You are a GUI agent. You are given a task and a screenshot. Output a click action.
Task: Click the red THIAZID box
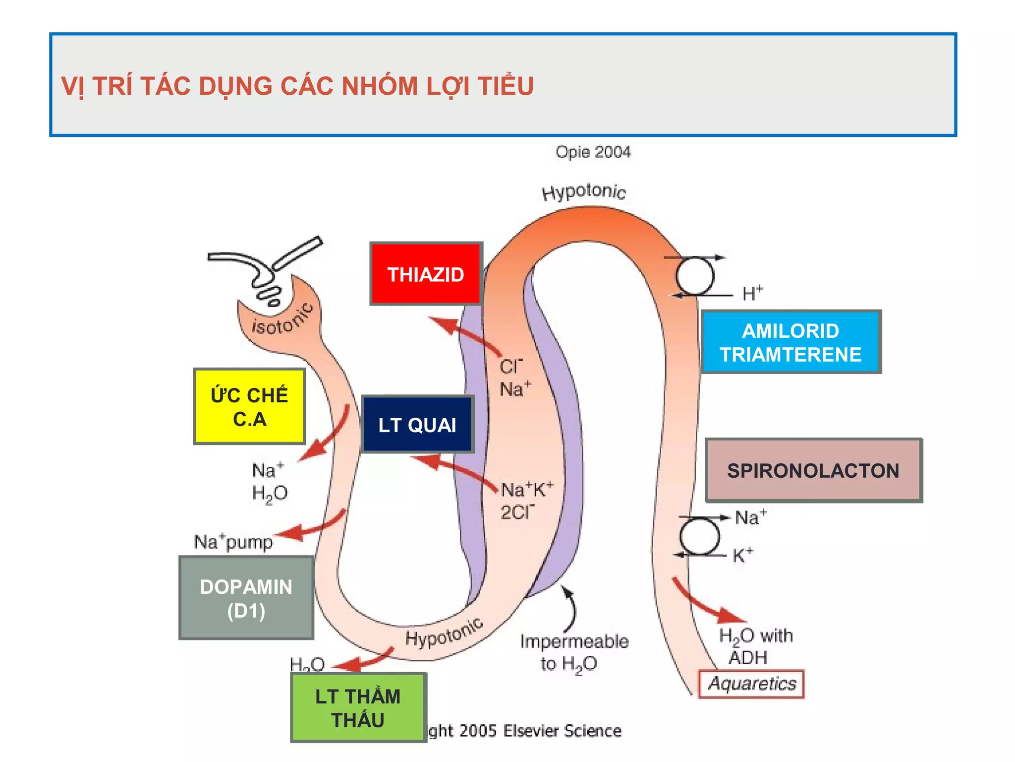426,274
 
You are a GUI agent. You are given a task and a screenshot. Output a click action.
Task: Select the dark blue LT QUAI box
417,425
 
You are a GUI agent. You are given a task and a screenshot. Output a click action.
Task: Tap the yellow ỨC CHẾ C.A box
249,406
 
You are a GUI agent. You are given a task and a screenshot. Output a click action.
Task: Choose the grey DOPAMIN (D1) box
246,598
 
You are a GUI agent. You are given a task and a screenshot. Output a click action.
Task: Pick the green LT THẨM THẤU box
358,707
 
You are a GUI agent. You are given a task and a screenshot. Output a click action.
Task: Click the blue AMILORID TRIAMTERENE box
790,342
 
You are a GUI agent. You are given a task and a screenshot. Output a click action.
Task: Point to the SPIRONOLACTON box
813,470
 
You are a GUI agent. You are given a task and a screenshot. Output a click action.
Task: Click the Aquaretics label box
751,684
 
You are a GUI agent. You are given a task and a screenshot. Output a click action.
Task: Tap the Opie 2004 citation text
593,152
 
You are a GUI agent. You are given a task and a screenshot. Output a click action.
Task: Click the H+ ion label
752,294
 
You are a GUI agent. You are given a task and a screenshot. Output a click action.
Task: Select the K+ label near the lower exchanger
742,555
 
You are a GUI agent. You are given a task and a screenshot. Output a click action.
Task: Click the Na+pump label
233,542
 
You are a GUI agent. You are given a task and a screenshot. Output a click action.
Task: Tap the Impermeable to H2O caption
573,652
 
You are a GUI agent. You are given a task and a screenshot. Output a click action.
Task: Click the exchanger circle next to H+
695,276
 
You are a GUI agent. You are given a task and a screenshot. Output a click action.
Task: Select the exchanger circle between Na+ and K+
699,536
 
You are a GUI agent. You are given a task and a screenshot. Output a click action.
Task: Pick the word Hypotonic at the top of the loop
584,191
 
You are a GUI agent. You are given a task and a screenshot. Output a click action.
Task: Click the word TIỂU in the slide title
506,86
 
